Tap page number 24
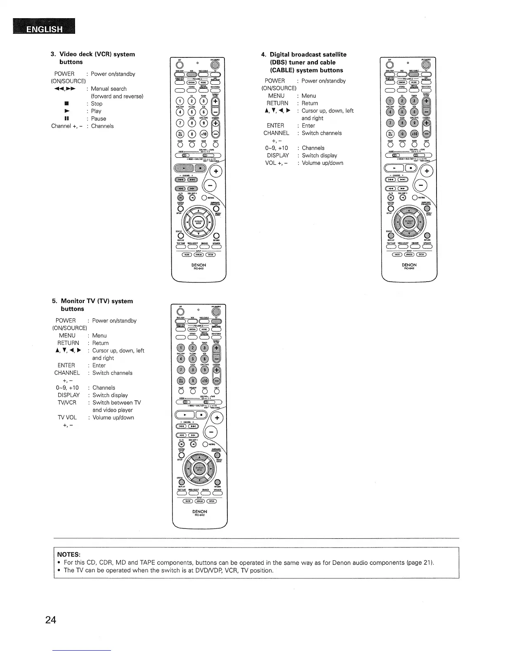pos(51,620)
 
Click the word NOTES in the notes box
pos(68,554)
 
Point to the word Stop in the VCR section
pos(97,104)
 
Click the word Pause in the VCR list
pos(99,118)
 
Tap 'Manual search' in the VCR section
pos(109,89)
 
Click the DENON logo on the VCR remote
pos(199,265)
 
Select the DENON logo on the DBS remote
pos(409,265)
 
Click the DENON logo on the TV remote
pos(200,512)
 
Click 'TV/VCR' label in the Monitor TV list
pos(66,403)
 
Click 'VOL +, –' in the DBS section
pos(276,163)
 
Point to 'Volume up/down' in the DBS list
pos(322,163)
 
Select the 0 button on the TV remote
pos(192,380)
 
